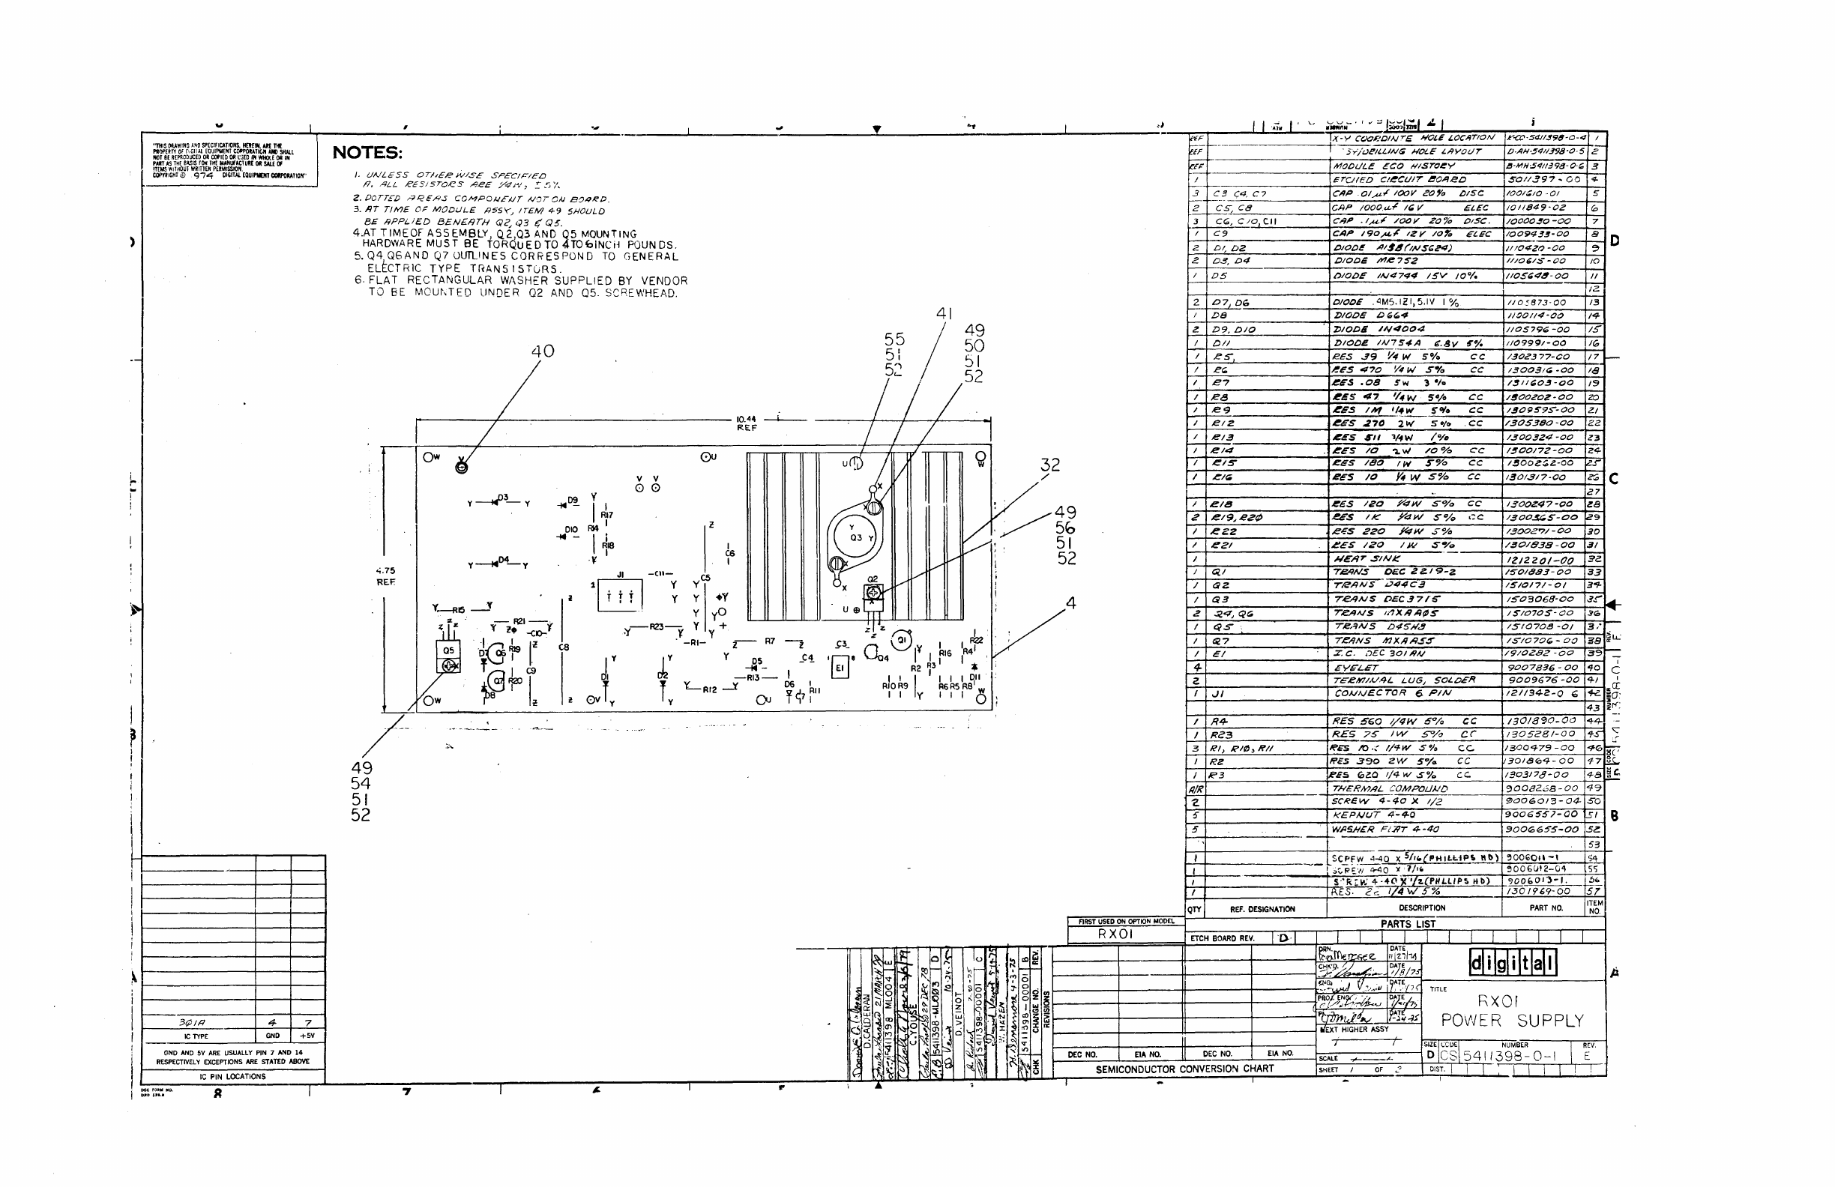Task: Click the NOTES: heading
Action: tap(367, 153)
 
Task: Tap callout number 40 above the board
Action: tap(542, 351)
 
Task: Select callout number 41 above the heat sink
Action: tap(944, 314)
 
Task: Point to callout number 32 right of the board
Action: tap(1050, 465)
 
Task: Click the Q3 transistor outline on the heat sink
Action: tap(855, 537)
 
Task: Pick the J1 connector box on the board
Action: tap(620, 594)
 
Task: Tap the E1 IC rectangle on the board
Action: tap(840, 668)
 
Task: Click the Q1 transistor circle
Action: tap(900, 641)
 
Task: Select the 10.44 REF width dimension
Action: tap(747, 423)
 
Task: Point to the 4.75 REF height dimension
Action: tap(385, 576)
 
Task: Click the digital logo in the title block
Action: tap(1512, 963)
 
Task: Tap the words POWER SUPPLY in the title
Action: tap(1512, 1021)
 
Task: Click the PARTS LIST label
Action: tap(1408, 924)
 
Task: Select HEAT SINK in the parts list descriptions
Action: tap(1367, 559)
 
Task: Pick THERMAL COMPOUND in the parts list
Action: tap(1390, 788)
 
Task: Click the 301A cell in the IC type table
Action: tap(192, 1023)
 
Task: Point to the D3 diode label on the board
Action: tap(503, 498)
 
